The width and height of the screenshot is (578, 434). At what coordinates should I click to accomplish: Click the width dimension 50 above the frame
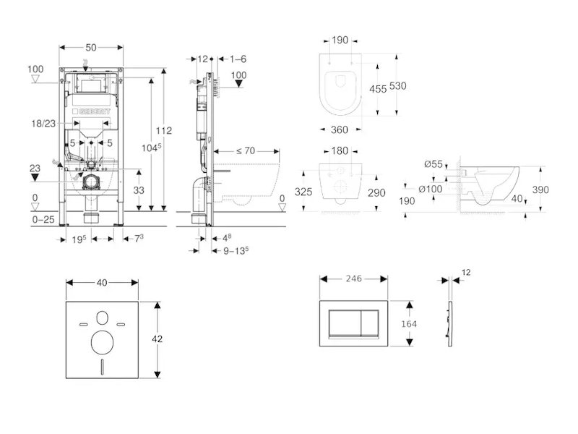pos(90,47)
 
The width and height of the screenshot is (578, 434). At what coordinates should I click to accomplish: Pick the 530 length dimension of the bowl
pos(397,85)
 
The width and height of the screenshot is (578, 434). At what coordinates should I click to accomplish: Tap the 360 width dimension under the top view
pos(339,129)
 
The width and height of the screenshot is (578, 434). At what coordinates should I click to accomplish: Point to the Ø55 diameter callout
pos(433,164)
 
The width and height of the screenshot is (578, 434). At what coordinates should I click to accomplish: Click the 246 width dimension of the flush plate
pos(353,278)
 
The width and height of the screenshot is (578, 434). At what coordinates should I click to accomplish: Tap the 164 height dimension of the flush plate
pos(409,324)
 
